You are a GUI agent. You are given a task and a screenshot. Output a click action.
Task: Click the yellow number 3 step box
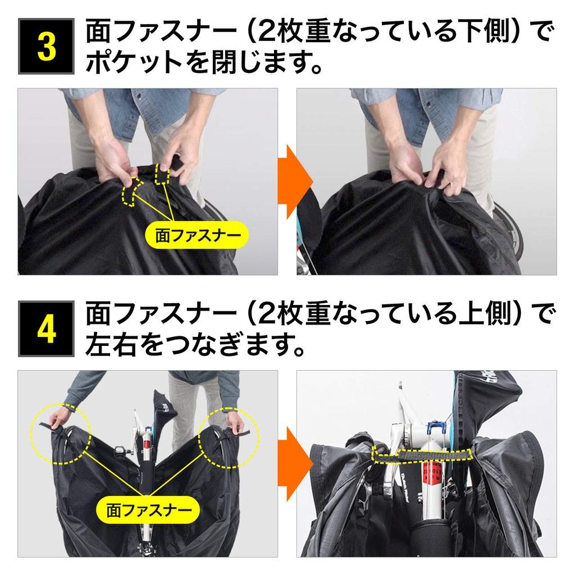46,47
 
